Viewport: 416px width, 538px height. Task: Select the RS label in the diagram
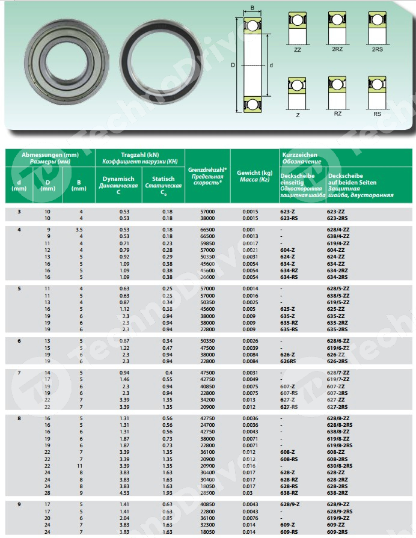(x=377, y=113)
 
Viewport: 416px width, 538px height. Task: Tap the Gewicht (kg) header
(x=254, y=171)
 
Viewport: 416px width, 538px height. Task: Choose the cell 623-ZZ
(x=335, y=212)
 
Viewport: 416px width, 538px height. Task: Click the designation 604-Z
(x=287, y=249)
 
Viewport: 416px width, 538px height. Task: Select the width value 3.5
(x=79, y=230)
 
